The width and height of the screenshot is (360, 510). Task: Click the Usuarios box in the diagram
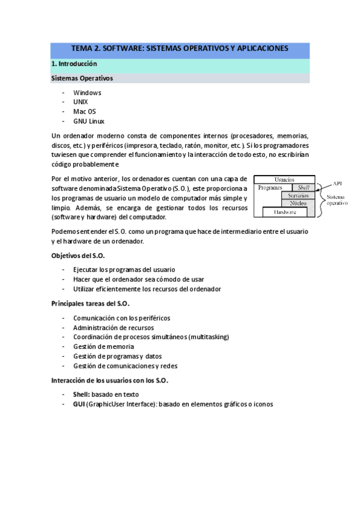point(284,179)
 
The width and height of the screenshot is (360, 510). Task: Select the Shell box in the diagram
point(303,188)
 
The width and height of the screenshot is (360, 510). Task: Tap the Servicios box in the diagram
point(298,195)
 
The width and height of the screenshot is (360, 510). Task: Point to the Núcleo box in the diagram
point(298,203)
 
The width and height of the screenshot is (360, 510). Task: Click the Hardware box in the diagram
point(285,212)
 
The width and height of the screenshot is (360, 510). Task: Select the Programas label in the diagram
point(270,188)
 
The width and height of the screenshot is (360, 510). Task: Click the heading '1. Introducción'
point(74,64)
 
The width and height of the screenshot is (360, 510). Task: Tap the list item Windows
point(87,93)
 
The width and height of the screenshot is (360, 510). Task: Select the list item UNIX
point(81,102)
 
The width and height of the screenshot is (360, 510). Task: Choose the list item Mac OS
point(85,111)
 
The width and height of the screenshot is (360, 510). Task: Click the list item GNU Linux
point(89,121)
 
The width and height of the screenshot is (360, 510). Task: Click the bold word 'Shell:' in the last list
point(82,395)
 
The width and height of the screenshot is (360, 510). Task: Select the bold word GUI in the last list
point(79,404)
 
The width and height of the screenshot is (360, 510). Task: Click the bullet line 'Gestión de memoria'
point(103,346)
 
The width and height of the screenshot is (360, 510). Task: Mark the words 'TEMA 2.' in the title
point(87,48)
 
